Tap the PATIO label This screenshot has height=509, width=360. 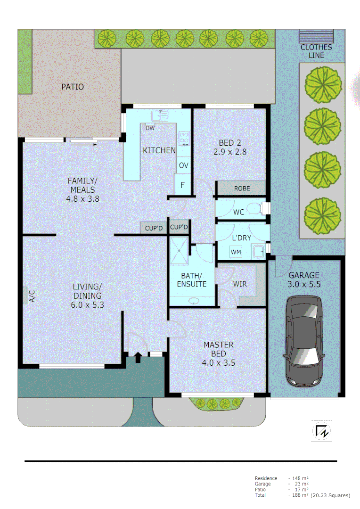click(73, 87)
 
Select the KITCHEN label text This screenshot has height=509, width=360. click(159, 151)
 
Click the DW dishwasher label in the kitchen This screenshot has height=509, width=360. click(150, 128)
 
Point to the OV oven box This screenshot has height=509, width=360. click(183, 165)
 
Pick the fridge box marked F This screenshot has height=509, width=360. click(182, 185)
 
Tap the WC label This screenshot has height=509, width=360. click(239, 212)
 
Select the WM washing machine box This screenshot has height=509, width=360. click(236, 252)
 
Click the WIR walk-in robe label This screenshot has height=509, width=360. click(239, 284)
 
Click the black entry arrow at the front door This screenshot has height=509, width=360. click(138, 358)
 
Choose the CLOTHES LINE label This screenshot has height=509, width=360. click(316, 51)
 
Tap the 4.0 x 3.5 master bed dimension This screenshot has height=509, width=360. click(218, 363)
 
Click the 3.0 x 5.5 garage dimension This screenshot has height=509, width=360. click(304, 284)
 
